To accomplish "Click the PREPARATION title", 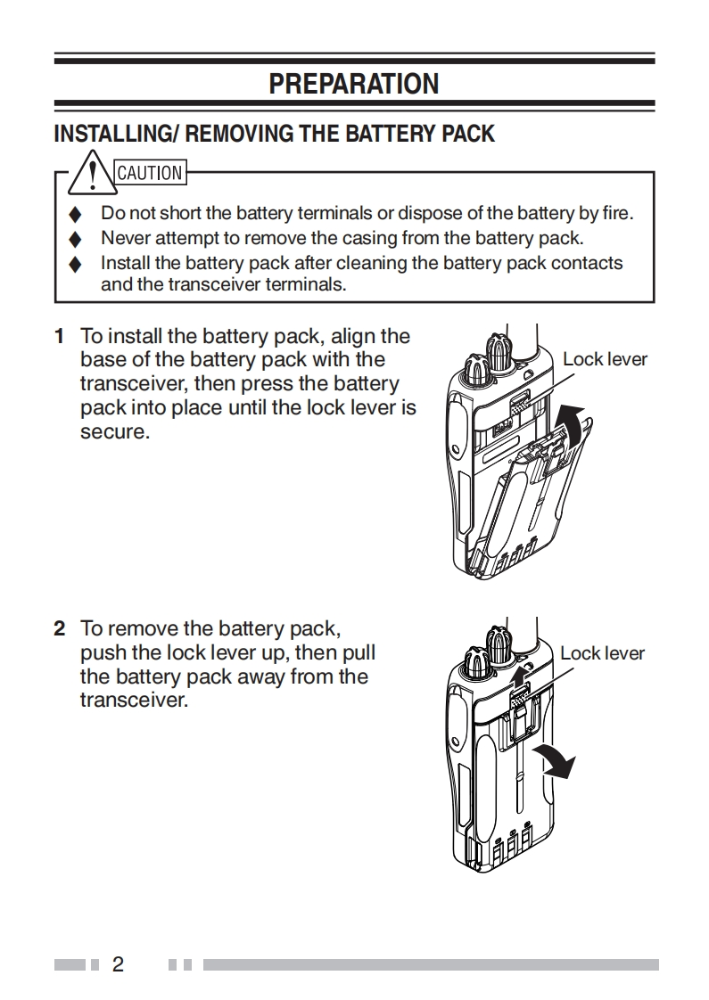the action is (353, 84).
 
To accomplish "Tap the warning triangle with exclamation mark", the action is (93, 173).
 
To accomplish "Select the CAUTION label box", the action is (150, 173).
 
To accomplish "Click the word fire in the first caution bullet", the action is (616, 213).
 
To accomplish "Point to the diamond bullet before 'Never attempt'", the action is (75, 239).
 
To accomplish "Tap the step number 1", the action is (60, 336).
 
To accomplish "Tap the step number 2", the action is (60, 628).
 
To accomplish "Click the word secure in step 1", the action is (115, 431).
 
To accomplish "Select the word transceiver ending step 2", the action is (134, 701).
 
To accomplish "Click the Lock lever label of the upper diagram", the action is (605, 359).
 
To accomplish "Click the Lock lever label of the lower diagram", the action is (602, 653).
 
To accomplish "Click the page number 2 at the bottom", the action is (118, 964).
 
